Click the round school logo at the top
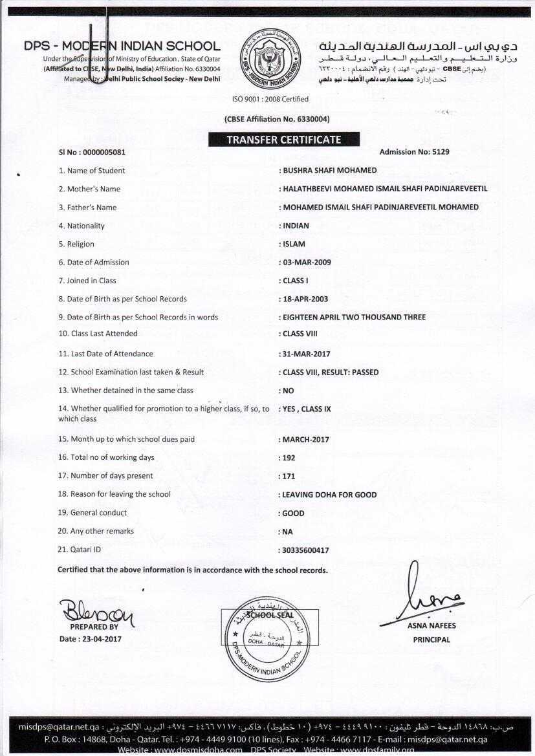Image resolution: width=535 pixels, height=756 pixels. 270,59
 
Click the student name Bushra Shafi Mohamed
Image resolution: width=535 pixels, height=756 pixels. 329,171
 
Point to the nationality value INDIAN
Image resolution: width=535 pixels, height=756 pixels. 296,226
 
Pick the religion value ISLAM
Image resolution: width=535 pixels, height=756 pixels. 294,244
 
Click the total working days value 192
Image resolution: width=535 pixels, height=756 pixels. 289,458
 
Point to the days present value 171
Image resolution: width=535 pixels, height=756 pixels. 289,476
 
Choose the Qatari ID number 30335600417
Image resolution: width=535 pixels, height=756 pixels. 306,550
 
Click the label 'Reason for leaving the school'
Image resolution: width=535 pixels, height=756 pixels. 120,494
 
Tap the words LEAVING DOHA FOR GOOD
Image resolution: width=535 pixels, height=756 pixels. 329,495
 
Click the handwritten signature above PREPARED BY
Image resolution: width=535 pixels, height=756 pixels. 96,611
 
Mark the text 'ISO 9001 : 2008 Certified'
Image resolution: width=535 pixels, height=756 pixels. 270,99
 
